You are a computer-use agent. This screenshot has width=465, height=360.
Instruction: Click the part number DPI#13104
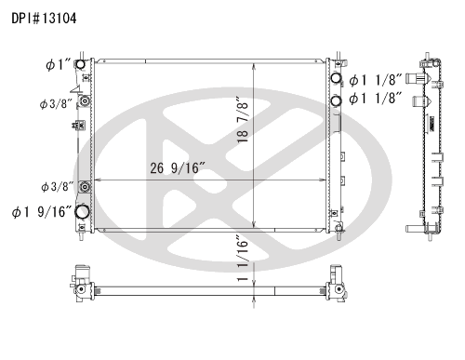[44, 19]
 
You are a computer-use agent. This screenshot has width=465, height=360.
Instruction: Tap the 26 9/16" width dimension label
[178, 168]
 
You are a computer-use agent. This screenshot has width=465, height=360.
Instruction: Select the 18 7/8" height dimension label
[243, 120]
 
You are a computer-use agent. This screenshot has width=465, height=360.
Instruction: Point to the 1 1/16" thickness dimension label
[243, 258]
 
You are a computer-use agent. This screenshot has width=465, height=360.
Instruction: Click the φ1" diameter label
[59, 65]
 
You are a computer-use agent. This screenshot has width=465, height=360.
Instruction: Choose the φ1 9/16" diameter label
[42, 212]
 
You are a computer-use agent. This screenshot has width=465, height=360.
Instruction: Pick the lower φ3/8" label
[58, 187]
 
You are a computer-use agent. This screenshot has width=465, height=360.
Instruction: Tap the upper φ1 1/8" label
[376, 80]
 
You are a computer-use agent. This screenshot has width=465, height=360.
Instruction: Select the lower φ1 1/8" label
[376, 99]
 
